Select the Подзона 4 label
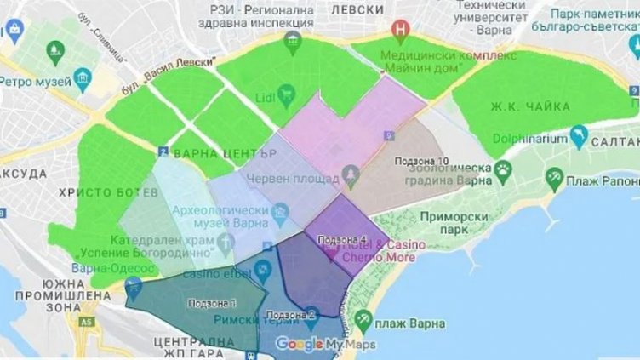(x=340, y=240)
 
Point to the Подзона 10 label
(x=423, y=160)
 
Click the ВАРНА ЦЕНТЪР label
(x=224, y=154)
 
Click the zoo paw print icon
(x=504, y=168)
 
